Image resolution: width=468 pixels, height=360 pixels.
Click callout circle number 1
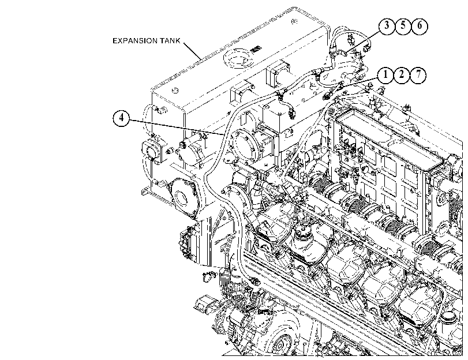385,75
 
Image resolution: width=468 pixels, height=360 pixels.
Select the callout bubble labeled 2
402,75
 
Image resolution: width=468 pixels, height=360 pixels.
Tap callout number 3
387,26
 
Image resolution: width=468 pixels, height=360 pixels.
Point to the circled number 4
121,118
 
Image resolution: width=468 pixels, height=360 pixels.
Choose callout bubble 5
403,26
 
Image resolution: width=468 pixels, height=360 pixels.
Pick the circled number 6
420,26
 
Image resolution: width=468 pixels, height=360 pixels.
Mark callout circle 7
418,75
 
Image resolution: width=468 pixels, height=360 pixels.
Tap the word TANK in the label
171,41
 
